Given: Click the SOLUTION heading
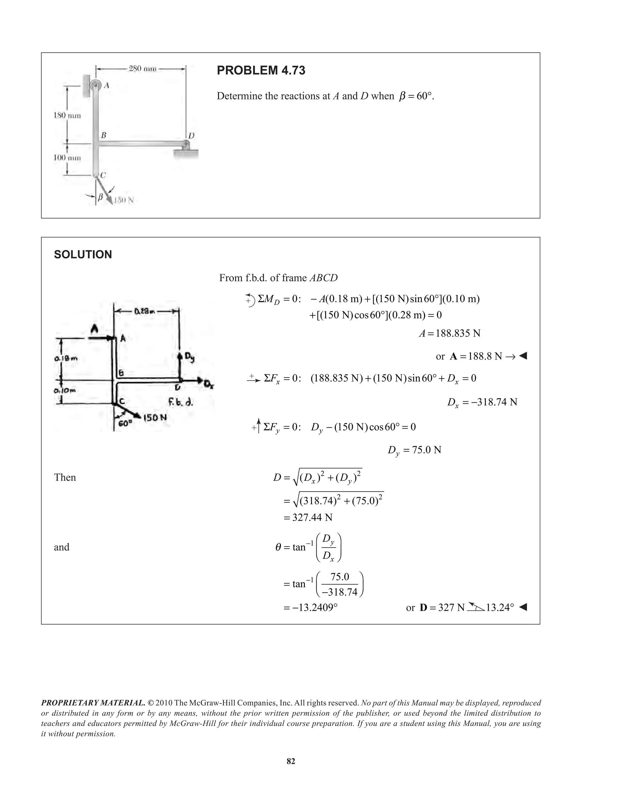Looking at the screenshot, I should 83,255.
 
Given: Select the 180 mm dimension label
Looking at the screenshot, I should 67,115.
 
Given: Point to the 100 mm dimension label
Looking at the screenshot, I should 67,158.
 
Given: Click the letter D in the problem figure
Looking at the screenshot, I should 191,136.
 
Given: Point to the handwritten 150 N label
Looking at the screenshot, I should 155,418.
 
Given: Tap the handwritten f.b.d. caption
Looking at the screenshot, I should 180,402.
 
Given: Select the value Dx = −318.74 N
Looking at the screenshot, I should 482,402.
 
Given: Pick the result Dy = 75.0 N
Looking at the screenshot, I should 414,450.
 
